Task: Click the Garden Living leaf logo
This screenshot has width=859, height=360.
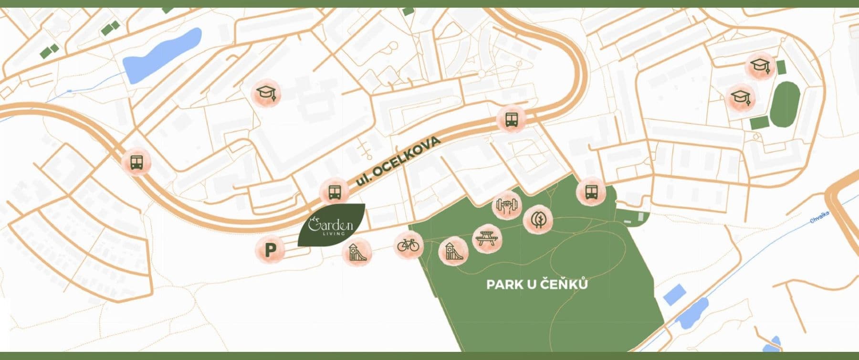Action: [x=331, y=225]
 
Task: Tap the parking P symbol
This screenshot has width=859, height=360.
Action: [x=271, y=249]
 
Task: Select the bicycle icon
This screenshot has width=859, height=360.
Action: [x=408, y=245]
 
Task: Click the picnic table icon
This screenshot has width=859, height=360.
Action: [x=487, y=238]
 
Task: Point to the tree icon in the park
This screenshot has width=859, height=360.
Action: [x=538, y=220]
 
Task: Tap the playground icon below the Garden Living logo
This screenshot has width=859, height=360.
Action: [x=356, y=252]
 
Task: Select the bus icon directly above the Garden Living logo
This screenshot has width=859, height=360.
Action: [x=334, y=192]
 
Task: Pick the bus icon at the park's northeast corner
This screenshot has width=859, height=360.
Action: [x=591, y=192]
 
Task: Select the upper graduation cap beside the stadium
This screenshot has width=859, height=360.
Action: [x=759, y=65]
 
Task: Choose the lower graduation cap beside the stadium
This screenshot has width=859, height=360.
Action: [x=741, y=98]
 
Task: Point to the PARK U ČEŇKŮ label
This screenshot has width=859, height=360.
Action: [x=537, y=285]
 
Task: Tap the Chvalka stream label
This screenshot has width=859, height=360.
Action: [x=819, y=218]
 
